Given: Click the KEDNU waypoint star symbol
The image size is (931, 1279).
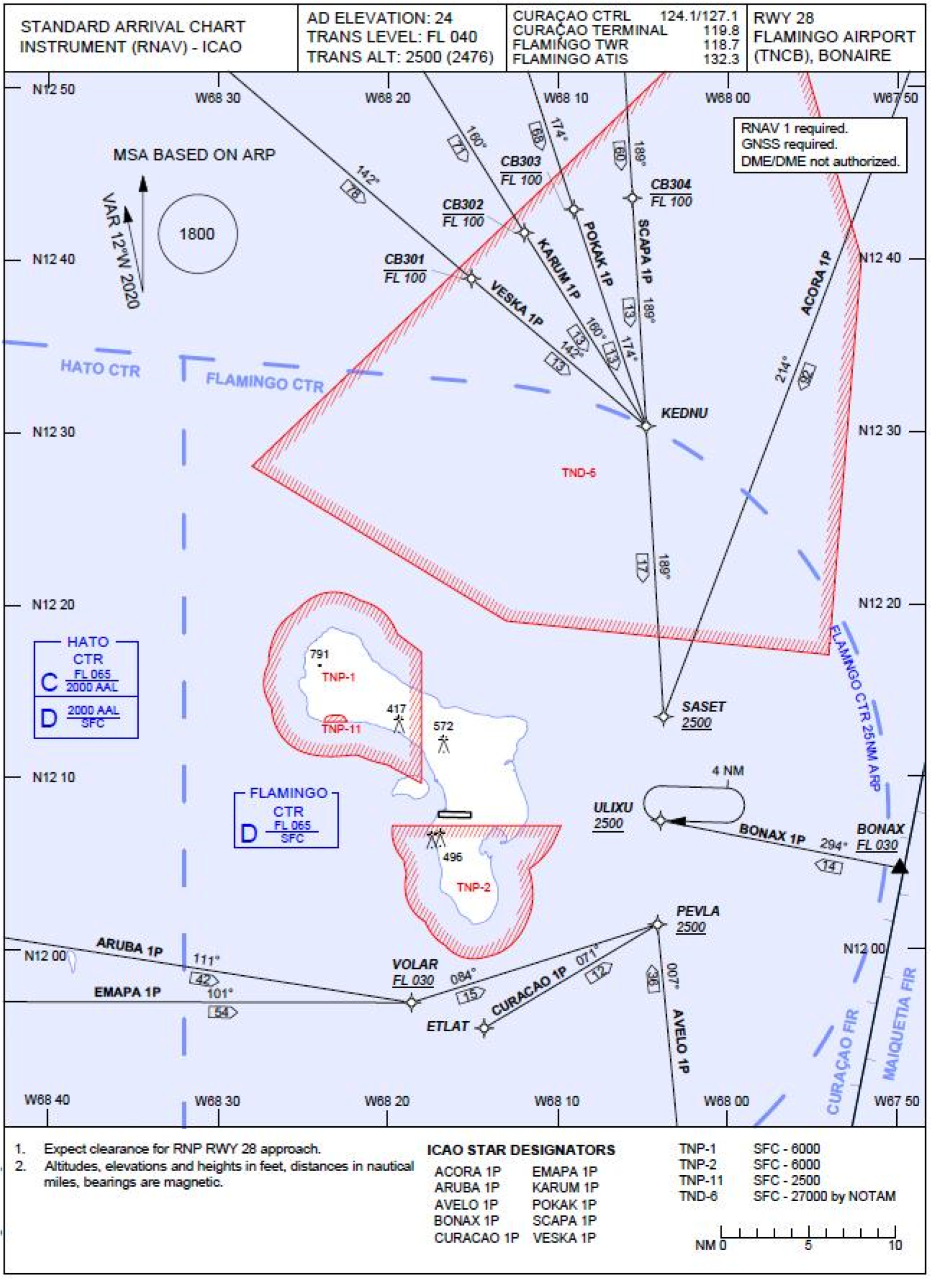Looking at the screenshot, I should [x=647, y=425].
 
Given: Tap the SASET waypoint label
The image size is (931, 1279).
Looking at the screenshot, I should [x=703, y=706].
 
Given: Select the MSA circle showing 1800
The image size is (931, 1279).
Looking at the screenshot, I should [x=198, y=234].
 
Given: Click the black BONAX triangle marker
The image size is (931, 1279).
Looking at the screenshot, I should [x=899, y=866].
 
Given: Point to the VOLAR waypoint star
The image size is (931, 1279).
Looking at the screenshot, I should [x=412, y=1002].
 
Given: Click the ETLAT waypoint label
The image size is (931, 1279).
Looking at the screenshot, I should [x=448, y=1027].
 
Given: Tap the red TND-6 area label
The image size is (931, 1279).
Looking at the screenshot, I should [x=578, y=473].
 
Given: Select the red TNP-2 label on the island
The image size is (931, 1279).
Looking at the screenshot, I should [x=473, y=887].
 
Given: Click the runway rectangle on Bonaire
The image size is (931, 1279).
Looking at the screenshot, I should [x=454, y=815].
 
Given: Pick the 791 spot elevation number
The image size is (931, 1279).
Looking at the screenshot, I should [x=319, y=654].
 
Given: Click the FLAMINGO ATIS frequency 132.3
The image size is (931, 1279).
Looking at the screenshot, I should [x=721, y=59].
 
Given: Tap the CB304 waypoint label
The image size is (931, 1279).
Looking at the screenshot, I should [x=671, y=185].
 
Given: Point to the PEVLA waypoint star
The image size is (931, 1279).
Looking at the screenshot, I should [x=658, y=924].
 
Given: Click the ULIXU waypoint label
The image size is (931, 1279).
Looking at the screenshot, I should [x=613, y=807].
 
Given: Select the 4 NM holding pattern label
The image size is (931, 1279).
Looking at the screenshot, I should [x=727, y=770].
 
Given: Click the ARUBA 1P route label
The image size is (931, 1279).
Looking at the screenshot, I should [x=129, y=946].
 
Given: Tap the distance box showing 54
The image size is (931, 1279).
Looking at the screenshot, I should [x=222, y=1012].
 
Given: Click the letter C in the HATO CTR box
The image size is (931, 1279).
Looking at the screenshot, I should [x=49, y=683].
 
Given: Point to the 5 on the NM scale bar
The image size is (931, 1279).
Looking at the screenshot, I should [x=808, y=1245].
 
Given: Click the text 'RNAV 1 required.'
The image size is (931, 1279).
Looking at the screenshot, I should [x=794, y=128].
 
